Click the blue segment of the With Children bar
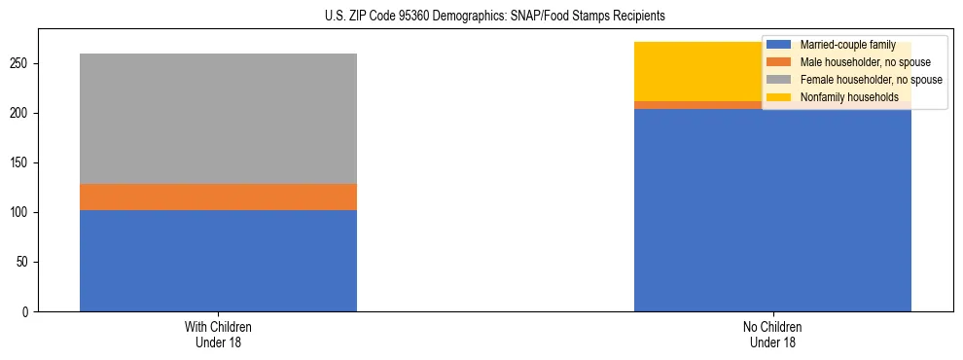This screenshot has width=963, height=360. click(x=218, y=260)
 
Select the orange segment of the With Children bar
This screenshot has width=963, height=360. click(x=218, y=197)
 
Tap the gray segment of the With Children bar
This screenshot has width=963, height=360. click(x=218, y=118)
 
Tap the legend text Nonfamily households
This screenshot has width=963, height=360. click(x=849, y=97)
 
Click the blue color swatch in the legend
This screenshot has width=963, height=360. click(x=779, y=45)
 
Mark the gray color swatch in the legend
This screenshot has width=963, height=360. click(x=779, y=80)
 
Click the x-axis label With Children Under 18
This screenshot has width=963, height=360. click(x=218, y=334)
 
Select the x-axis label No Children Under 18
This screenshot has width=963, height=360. click(x=771, y=334)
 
